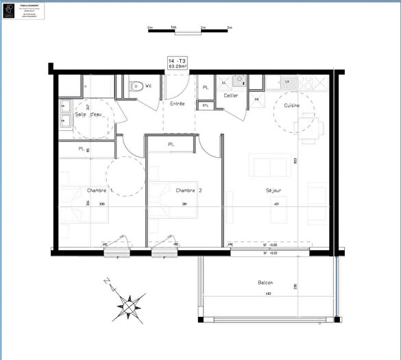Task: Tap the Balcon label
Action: click(x=265, y=283)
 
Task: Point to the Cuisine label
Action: click(x=287, y=106)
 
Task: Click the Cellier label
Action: click(x=231, y=95)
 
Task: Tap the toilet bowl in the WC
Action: click(x=136, y=86)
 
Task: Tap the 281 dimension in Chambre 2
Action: click(x=184, y=204)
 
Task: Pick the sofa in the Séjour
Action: click(x=269, y=166)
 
